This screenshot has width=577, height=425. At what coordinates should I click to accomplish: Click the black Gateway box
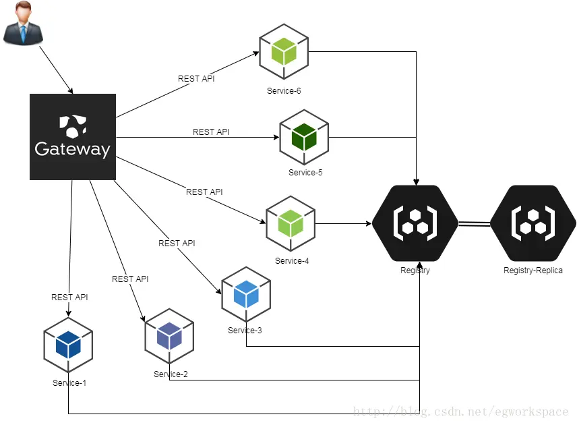(x=73, y=137)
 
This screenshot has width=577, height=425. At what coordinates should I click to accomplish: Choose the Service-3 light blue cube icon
(x=246, y=293)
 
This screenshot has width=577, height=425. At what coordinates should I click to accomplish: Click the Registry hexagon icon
(x=415, y=222)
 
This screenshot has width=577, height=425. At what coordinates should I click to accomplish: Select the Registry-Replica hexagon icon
(x=533, y=222)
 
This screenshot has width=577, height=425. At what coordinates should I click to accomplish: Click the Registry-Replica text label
(x=533, y=271)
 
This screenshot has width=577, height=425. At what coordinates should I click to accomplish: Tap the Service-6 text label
(x=284, y=91)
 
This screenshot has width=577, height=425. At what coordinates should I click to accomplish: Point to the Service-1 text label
(x=69, y=383)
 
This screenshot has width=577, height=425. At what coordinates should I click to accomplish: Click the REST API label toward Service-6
(x=196, y=79)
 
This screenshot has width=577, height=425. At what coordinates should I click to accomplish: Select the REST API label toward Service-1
(x=69, y=297)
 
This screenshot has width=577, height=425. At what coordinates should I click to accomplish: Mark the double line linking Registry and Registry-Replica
(x=474, y=223)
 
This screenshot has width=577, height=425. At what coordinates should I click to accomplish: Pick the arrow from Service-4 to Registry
(x=344, y=223)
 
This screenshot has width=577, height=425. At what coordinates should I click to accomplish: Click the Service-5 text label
(x=305, y=173)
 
